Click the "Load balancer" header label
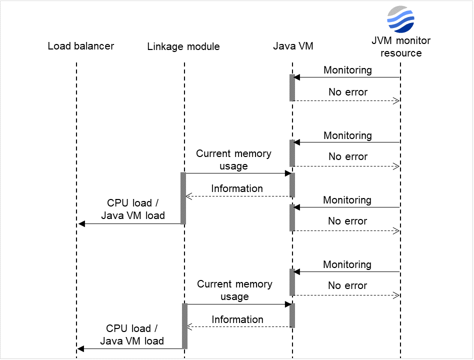coord(81,46)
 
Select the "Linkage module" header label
coord(183,47)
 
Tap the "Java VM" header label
coord(293,46)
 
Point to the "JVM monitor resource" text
coord(400,47)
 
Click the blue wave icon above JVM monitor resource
coord(400,19)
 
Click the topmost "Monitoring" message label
coord(347,70)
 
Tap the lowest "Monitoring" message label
coord(347,264)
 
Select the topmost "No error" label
coord(347,92)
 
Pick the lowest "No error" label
coord(347,285)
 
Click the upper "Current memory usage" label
coord(233,159)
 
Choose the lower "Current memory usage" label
coord(234,290)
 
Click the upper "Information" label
coord(236,188)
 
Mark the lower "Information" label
coord(237,319)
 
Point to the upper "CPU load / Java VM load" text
coord(132,209)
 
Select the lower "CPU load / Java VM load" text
coord(132,335)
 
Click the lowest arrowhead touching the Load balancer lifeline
coord(81,348)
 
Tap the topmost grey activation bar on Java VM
coord(292,88)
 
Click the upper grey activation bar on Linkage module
coord(183,198)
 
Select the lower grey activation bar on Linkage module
coord(184,326)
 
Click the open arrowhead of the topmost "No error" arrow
coord(396,101)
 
